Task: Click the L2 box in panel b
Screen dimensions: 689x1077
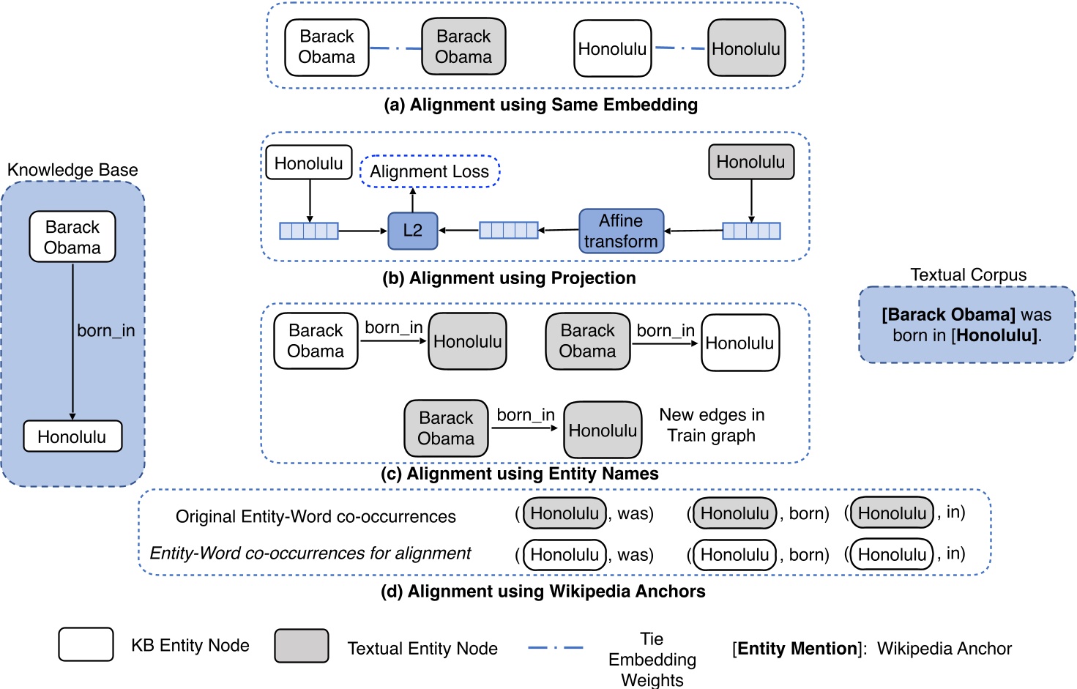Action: click(412, 231)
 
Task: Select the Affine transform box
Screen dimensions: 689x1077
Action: click(621, 231)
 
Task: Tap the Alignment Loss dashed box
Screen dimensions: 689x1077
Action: click(429, 171)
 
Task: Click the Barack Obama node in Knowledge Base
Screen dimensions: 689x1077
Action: click(72, 237)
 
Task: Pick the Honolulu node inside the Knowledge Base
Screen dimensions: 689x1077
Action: click(72, 436)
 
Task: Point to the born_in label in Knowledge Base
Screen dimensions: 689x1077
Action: click(106, 330)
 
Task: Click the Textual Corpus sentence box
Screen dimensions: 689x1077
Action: click(966, 324)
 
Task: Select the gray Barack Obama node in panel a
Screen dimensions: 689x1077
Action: click(463, 47)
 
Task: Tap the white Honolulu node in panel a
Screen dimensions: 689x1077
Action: click(612, 49)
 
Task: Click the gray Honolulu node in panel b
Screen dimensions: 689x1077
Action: click(750, 162)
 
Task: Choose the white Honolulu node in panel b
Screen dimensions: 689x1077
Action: click(308, 163)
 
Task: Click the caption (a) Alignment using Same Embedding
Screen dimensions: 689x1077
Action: click(540, 105)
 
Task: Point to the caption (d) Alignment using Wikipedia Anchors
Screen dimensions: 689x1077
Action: click(543, 591)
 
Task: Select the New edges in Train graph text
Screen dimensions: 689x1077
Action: click(712, 425)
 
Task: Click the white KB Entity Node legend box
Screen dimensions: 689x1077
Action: click(86, 644)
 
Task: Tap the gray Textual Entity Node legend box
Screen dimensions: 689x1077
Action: click(301, 646)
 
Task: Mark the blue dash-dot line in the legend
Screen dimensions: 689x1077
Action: click(555, 647)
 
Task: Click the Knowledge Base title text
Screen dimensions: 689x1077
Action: click(72, 170)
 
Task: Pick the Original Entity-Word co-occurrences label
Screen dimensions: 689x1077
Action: click(316, 516)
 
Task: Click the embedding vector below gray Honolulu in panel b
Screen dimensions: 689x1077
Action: click(751, 231)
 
